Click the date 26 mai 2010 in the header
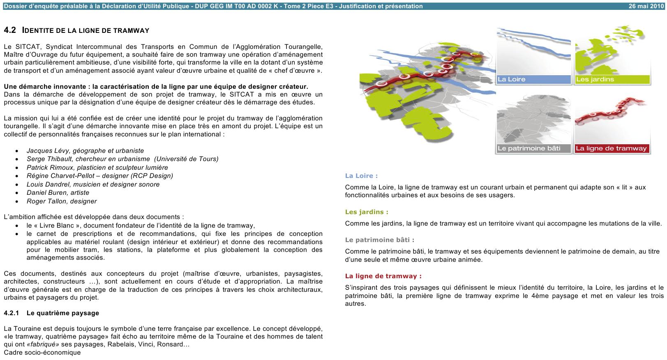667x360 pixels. tap(646, 6)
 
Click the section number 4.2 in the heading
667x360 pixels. tap(10, 30)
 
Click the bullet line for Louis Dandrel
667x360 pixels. tap(93, 185)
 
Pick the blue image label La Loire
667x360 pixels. tap(512, 79)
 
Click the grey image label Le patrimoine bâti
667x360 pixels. tap(529, 148)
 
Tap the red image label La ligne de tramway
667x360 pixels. tap(611, 148)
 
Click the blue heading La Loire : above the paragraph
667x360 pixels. tap(361, 176)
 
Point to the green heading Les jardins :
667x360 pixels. tap(367, 212)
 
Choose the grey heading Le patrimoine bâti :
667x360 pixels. tap(380, 240)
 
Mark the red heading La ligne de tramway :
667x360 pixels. tap(383, 276)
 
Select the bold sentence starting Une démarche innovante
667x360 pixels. tap(156, 87)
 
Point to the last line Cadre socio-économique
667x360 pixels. tap(42, 353)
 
